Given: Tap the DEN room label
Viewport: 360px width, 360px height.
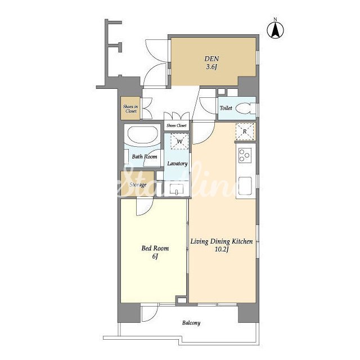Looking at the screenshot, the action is click(x=211, y=58).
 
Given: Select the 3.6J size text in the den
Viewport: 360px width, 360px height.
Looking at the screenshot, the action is click(x=211, y=67).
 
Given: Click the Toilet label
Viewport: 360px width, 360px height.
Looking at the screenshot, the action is click(x=226, y=108).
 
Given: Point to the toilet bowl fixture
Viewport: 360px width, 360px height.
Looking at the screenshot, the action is click(x=246, y=109).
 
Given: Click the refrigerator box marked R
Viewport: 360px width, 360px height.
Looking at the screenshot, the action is click(x=245, y=132).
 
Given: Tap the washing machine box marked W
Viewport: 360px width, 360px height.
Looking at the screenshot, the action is click(x=179, y=141).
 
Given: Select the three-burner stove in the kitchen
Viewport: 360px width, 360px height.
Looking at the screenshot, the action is click(x=245, y=155).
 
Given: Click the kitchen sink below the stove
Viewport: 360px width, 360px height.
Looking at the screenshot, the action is click(x=245, y=186).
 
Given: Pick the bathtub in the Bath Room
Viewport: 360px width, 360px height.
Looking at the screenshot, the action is click(x=142, y=136).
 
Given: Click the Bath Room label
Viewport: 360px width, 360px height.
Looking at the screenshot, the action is click(x=145, y=157).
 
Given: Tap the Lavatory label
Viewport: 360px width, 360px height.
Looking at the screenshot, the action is click(x=177, y=164).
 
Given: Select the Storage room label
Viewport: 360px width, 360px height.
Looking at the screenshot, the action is click(x=138, y=185).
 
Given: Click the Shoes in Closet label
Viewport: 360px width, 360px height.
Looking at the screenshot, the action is click(x=130, y=109).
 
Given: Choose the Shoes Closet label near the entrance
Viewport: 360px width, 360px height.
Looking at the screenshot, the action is click(x=177, y=125).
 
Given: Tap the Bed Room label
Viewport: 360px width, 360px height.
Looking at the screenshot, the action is click(x=155, y=248).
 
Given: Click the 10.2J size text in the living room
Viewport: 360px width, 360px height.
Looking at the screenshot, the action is click(x=221, y=250).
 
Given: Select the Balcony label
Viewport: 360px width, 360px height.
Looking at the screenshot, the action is click(x=191, y=323).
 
